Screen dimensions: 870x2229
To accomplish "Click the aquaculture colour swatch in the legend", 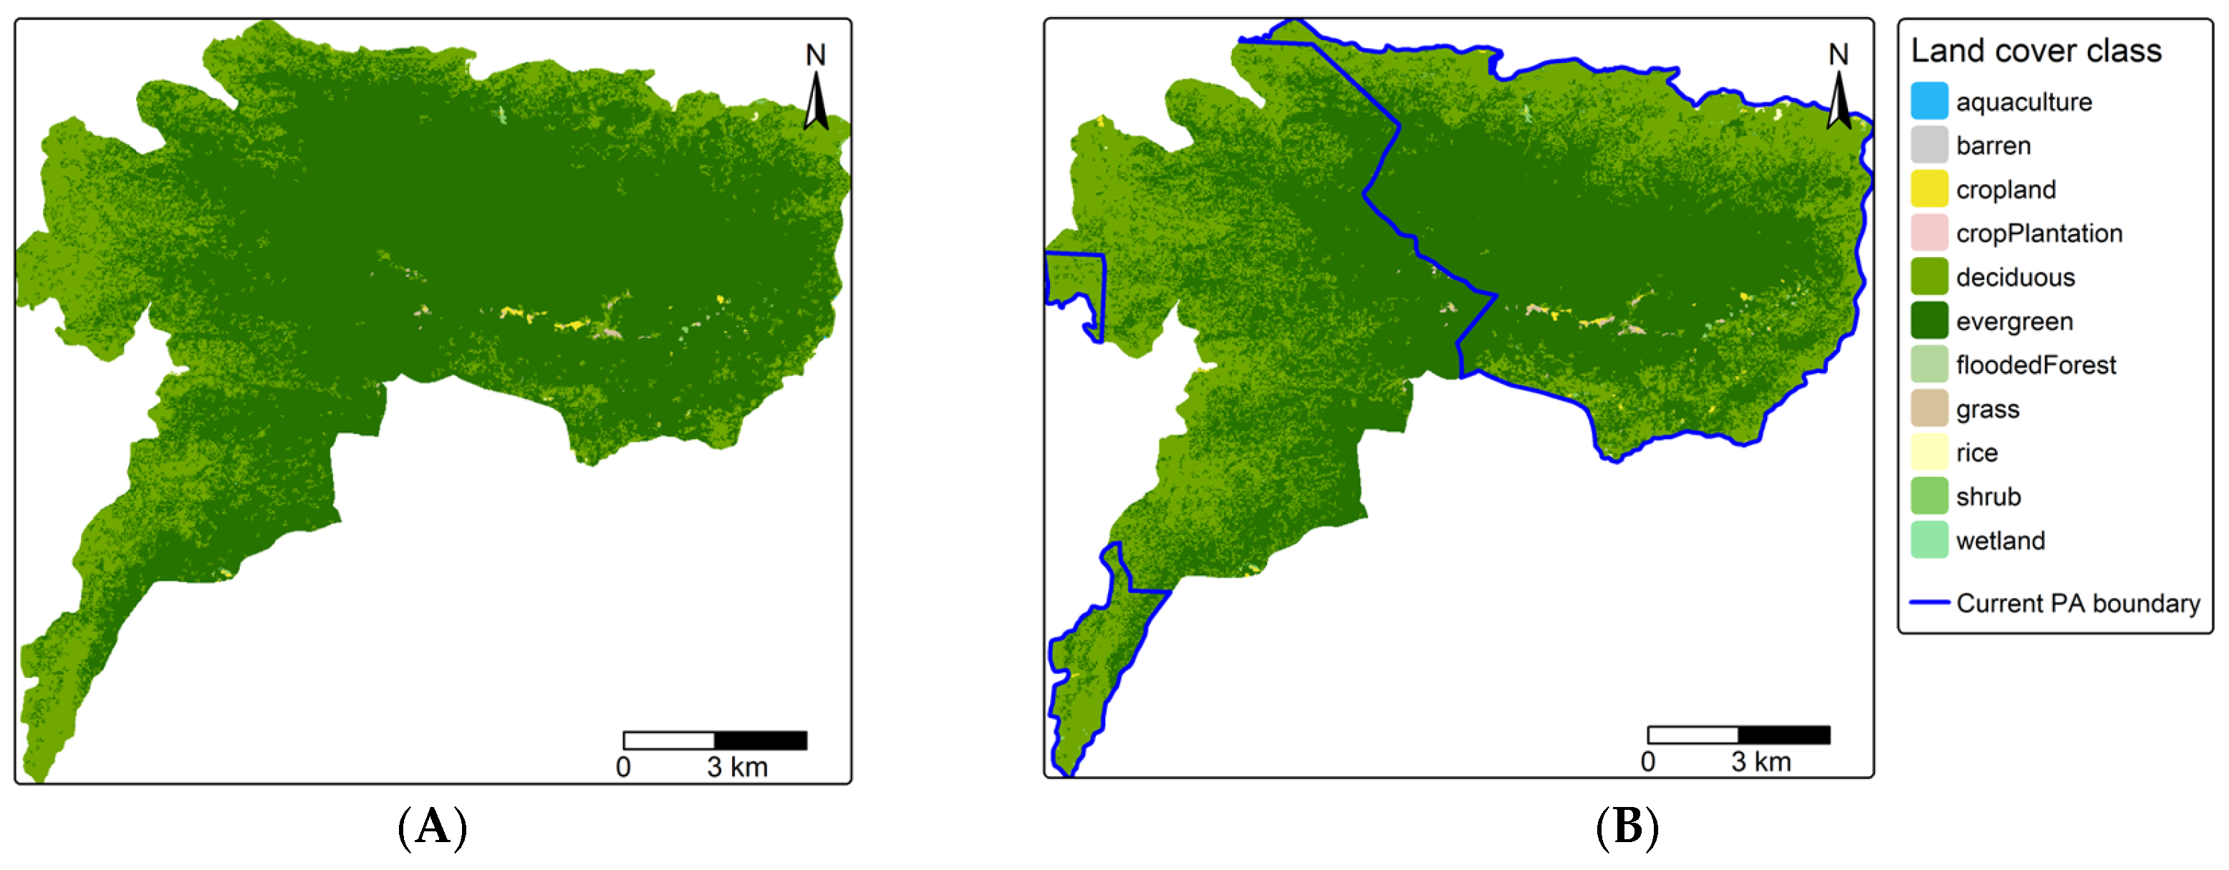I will click(x=1929, y=101).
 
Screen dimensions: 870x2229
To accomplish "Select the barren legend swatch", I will click(x=1929, y=145).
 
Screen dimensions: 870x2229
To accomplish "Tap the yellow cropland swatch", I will click(x=1929, y=189).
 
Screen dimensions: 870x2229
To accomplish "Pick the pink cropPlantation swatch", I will click(x=1929, y=233).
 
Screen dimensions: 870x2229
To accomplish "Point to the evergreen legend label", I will click(x=2014, y=322).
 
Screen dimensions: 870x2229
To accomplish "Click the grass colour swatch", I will click(x=1929, y=408).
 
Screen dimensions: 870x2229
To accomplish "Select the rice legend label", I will click(x=1976, y=453).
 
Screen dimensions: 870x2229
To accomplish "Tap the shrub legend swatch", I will click(x=1929, y=496).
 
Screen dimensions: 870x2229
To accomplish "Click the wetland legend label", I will click(x=2001, y=541).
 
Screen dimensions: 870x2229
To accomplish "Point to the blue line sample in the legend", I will click(x=1929, y=602).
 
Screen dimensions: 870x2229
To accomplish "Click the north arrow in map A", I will click(x=815, y=100).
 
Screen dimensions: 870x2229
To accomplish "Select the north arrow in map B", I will click(x=1838, y=100).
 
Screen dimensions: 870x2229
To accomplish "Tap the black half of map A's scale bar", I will click(x=761, y=740).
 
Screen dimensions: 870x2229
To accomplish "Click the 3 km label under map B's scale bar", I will click(x=1761, y=762).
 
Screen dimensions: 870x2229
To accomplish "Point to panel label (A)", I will click(x=433, y=827).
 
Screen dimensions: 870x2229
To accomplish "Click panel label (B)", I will click(x=1627, y=827).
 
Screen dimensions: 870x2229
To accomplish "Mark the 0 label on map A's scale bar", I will click(x=623, y=767).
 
